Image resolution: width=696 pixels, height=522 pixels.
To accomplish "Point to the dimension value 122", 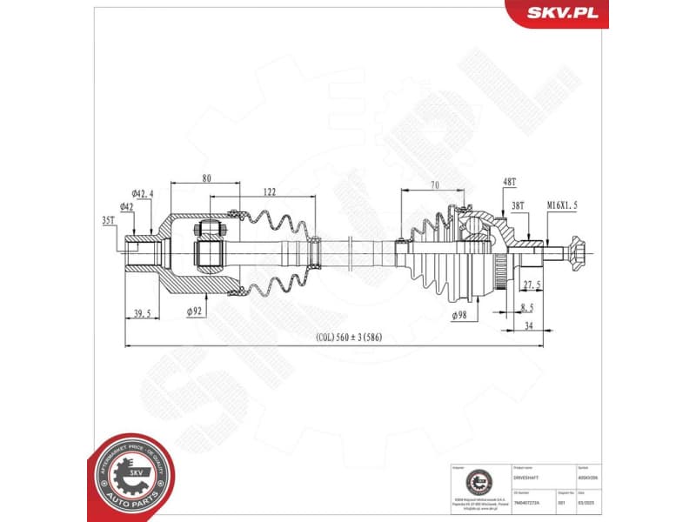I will coord(270,193).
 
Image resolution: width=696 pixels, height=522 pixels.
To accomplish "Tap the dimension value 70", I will coord(434,185).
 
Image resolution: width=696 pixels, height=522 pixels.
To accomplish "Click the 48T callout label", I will coord(510,182).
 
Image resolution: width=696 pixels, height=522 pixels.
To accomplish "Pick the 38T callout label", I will coord(518,205).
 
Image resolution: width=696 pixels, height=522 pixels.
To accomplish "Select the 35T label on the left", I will coord(108,222).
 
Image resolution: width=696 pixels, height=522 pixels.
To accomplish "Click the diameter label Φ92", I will coord(195,310).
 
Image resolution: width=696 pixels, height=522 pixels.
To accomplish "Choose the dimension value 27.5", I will coord(532,284).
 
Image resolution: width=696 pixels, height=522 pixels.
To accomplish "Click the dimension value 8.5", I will coord(527,307).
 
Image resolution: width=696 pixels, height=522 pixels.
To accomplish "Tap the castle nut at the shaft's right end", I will coord(576,252).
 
